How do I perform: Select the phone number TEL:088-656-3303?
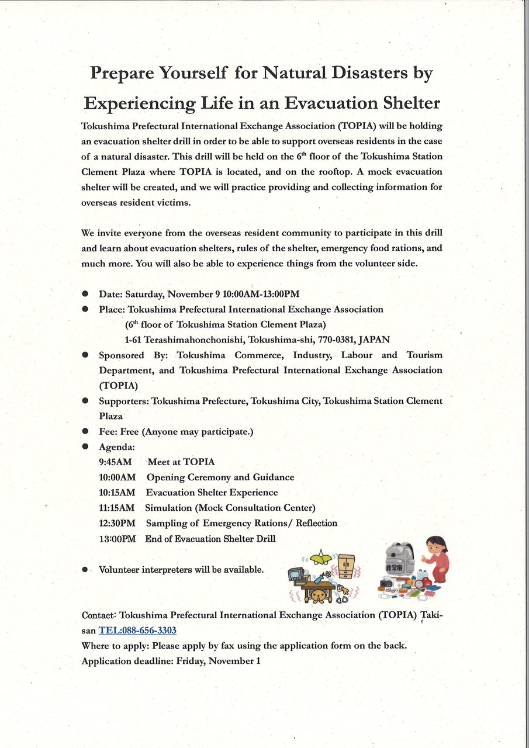point(137,631)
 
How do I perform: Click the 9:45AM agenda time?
point(116,462)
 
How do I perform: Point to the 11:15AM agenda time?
point(117,508)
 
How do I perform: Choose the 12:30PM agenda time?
point(117,523)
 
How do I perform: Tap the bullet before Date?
point(85,294)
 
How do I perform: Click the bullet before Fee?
point(85,431)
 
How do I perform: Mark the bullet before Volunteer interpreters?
point(85,569)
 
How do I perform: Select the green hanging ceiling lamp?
point(320,559)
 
